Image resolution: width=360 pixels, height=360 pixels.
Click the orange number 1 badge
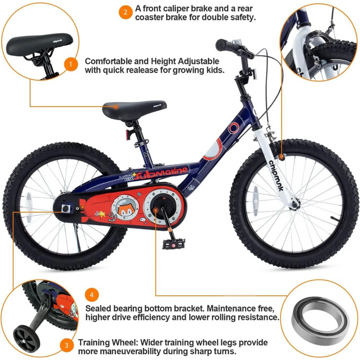pos(71,64)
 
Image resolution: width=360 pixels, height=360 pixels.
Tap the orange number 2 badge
pos(125,12)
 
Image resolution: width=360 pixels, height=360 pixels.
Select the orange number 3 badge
pos(67,345)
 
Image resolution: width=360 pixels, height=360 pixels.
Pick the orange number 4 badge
pos(92,295)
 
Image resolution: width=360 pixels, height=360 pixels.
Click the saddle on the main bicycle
pos(134,110)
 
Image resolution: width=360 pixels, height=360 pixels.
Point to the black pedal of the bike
pos(174,244)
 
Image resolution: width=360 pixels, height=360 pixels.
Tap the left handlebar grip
pos(224,45)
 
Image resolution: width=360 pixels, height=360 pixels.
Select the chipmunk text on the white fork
pos(276,175)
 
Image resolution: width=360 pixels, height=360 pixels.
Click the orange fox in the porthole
pos(125,210)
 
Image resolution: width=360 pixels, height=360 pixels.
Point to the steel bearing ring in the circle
pos(321,321)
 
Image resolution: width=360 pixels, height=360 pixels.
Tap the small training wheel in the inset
pos(24,337)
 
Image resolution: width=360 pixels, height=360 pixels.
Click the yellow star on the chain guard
pos(102,214)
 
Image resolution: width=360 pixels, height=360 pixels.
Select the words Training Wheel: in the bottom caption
pos(107,343)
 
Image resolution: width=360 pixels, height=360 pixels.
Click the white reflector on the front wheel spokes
pos(255,201)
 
